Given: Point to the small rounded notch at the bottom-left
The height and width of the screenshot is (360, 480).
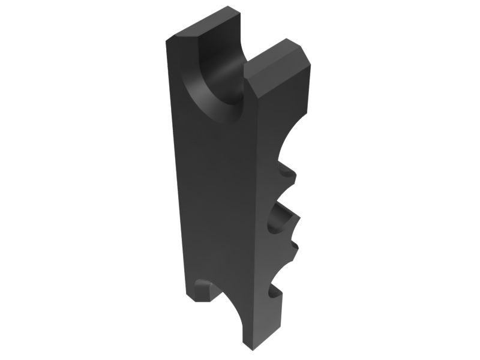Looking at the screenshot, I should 204,285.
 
